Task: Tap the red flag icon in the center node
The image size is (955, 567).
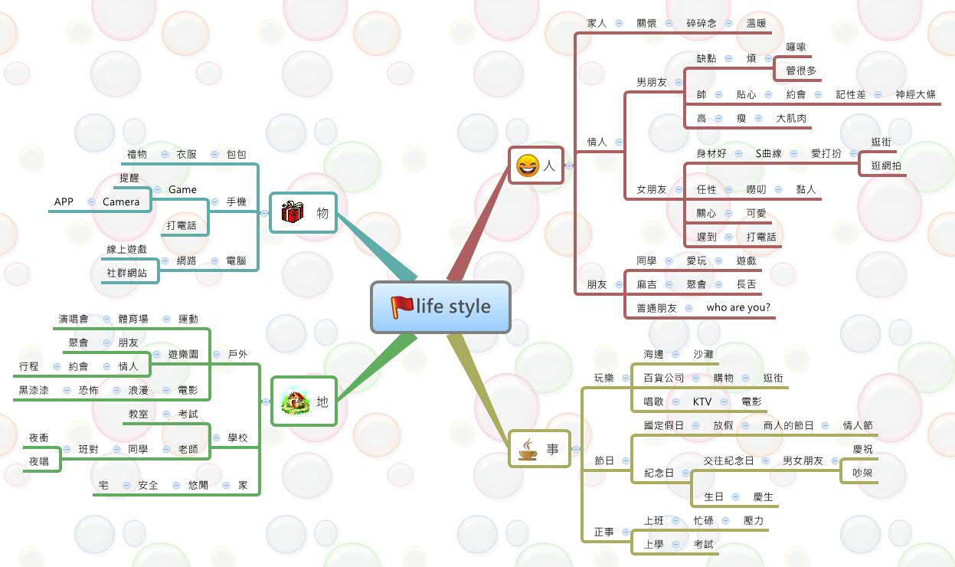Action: point(401,306)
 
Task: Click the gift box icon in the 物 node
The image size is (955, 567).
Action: point(292,212)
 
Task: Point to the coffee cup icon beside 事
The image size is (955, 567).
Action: point(528,449)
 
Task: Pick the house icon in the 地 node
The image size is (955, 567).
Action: point(295,401)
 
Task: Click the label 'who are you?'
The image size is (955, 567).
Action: point(738,308)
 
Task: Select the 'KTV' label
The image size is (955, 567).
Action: point(702,401)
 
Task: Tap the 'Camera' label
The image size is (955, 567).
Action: point(121,202)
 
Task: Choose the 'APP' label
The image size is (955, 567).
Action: point(64,202)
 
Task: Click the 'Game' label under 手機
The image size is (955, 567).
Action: point(182,189)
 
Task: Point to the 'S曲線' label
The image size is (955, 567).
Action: point(768,153)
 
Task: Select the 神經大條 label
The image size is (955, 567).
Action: point(915,94)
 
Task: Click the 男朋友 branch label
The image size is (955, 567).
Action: point(651,82)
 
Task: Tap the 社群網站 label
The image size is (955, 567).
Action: point(128,272)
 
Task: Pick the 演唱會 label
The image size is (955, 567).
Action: point(74,319)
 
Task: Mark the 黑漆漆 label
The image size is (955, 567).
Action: point(34,390)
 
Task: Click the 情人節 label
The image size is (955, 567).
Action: point(857,425)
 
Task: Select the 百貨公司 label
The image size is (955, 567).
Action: point(663,378)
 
